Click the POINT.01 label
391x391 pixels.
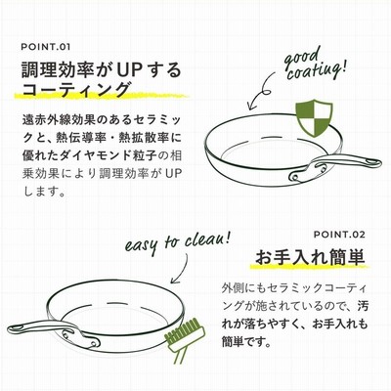[x=46, y=47]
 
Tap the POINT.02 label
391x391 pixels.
[x=339, y=235]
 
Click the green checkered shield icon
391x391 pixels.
[x=314, y=118]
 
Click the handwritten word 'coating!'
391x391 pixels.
[x=315, y=71]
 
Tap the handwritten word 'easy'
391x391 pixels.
[x=141, y=245]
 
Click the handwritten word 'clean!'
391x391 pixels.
[x=208, y=240]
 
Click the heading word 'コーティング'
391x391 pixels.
[x=75, y=89]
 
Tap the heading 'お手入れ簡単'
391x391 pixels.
[x=310, y=257]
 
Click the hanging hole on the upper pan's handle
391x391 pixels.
[x=371, y=161]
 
